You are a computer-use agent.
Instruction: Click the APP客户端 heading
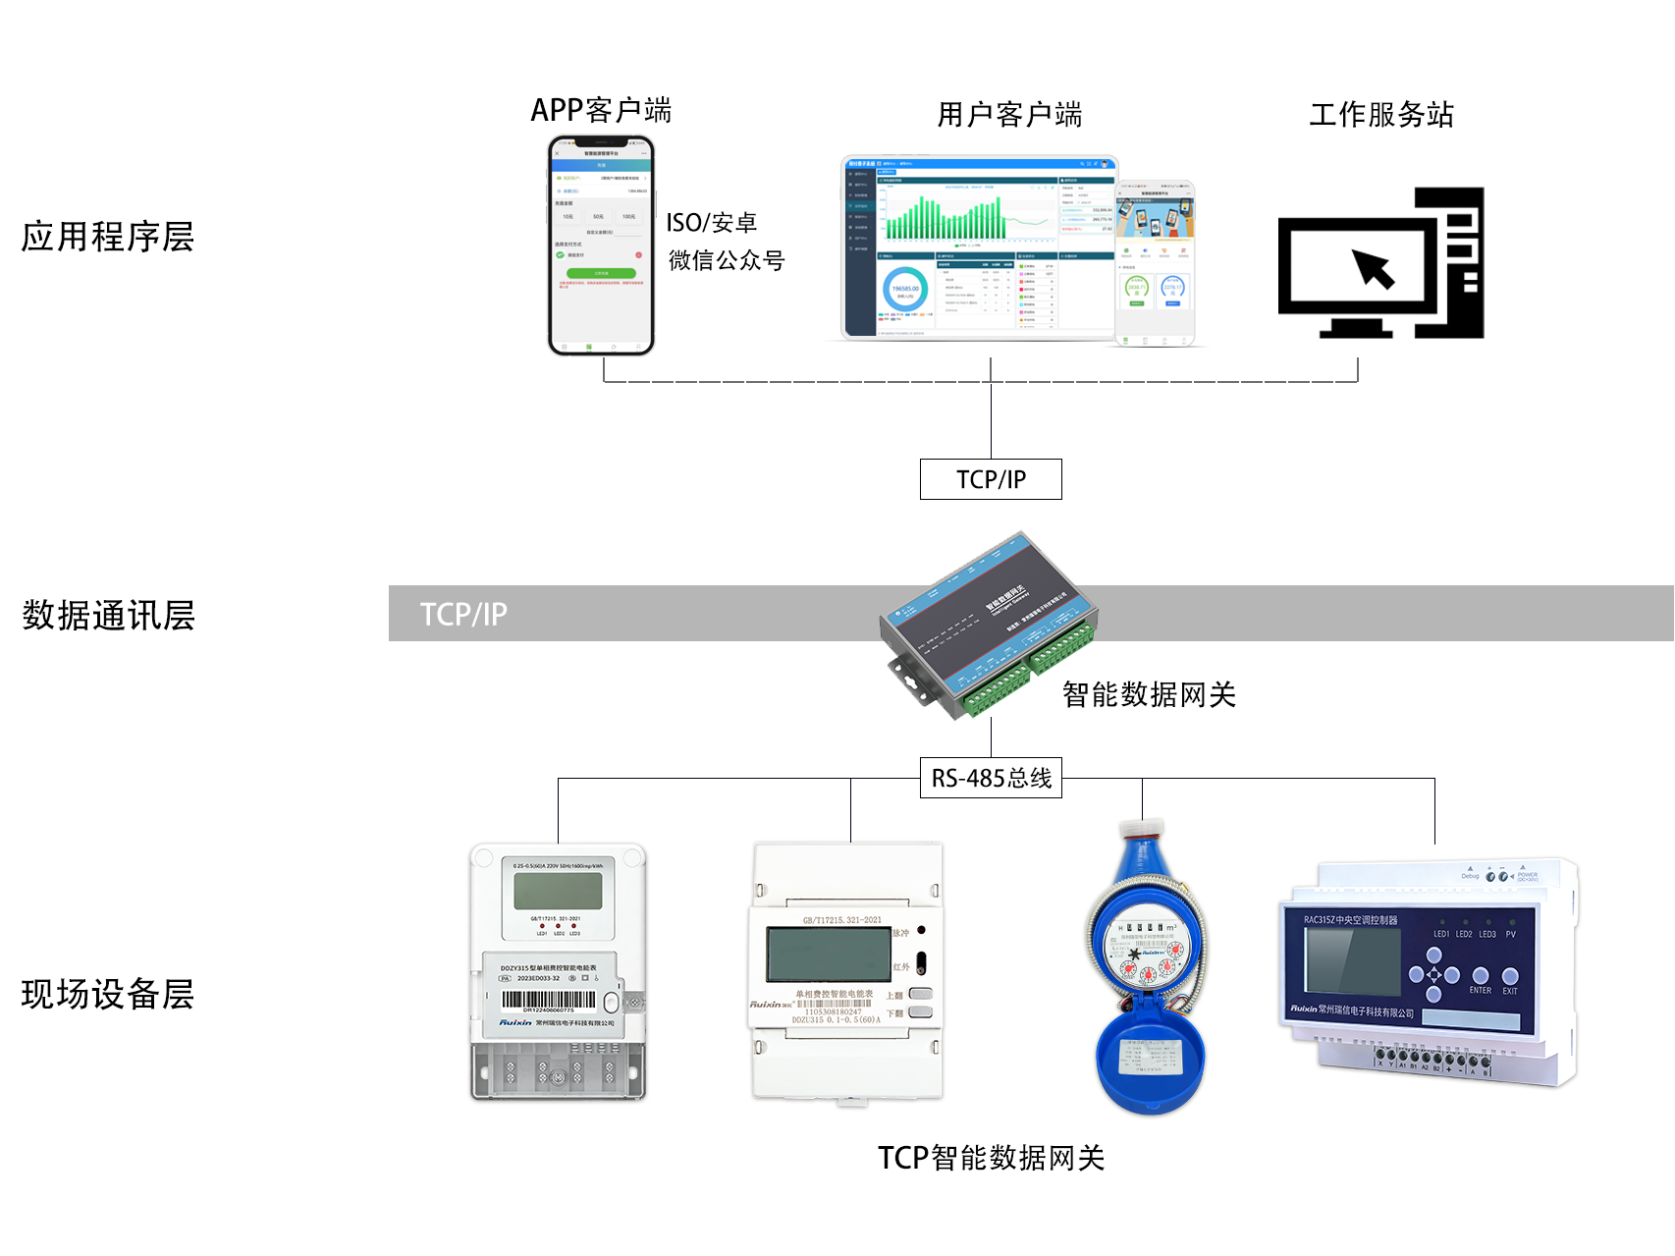click(x=601, y=110)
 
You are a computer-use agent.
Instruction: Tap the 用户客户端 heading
click(x=1009, y=115)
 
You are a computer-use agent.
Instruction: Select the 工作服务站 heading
click(x=1381, y=115)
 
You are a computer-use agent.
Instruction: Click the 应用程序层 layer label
click(x=108, y=237)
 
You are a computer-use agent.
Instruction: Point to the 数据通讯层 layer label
click(x=108, y=616)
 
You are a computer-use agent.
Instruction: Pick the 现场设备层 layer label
click(x=108, y=994)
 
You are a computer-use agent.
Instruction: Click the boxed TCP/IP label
click(x=991, y=479)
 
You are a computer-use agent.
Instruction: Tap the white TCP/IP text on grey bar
click(x=463, y=615)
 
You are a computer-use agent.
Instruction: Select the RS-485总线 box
click(x=991, y=779)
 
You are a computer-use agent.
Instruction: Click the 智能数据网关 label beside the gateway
click(x=1149, y=695)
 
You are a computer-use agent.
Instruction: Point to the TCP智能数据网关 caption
click(x=991, y=1158)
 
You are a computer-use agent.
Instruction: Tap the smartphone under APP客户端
click(x=601, y=246)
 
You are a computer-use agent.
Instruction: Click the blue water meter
click(x=1147, y=967)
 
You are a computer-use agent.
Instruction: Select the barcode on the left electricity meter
click(x=548, y=1000)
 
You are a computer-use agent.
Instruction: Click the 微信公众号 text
click(x=727, y=260)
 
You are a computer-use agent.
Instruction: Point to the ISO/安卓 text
click(x=712, y=223)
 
